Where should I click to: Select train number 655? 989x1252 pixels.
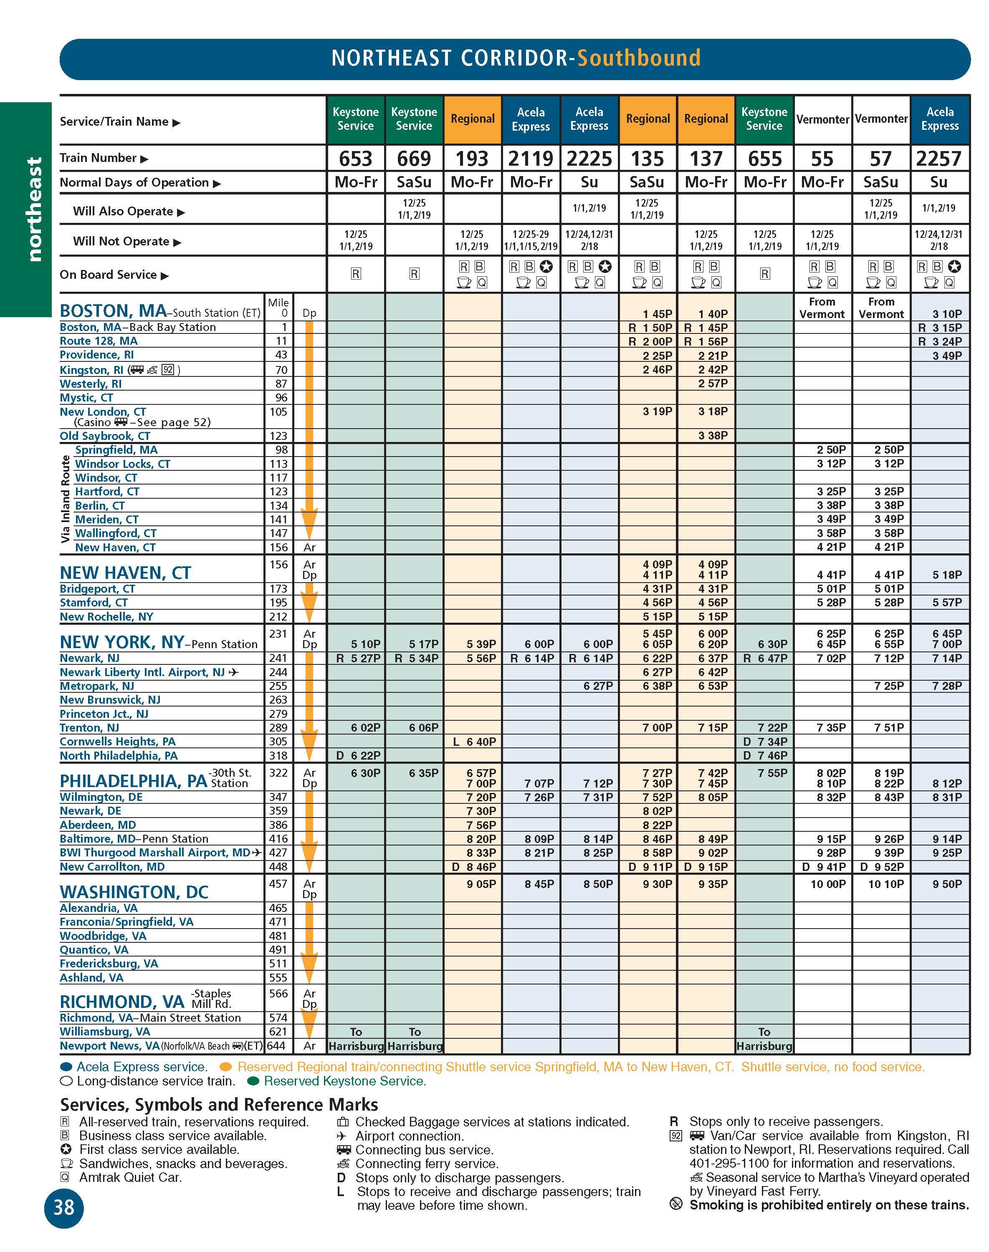[764, 159]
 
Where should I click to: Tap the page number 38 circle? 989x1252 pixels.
[64, 1207]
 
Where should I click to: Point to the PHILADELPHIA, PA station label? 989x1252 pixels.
[133, 781]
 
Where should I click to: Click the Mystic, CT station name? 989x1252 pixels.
[86, 398]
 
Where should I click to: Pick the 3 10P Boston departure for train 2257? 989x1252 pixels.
[947, 314]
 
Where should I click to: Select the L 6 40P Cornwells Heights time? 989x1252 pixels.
[475, 742]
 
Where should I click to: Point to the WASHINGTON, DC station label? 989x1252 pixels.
[134, 892]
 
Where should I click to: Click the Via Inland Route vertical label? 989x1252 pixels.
[66, 498]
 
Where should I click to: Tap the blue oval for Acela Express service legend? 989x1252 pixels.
[67, 1067]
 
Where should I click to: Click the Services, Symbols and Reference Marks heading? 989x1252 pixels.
[219, 1104]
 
